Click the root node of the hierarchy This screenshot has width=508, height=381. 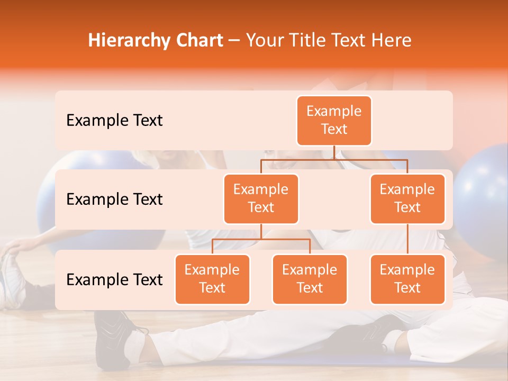point(334,120)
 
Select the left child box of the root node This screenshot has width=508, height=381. point(261,198)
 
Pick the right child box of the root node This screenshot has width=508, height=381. point(407,198)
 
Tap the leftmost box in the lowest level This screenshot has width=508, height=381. point(212,279)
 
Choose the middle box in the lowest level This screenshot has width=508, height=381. point(310,279)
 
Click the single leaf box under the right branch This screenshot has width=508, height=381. point(407,279)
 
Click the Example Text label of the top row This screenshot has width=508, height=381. point(114,121)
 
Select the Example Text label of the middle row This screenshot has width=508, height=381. point(114,199)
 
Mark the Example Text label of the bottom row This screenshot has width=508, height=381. point(114,279)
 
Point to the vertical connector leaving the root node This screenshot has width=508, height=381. point(334,152)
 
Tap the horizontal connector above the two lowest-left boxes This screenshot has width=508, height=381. point(261,239)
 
